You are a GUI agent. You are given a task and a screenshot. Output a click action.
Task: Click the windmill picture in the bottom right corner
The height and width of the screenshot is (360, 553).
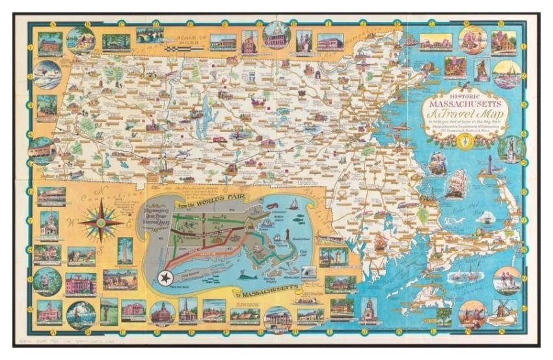(504, 312)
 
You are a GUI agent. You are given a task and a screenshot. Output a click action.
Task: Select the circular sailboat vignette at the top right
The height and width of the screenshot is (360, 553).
(506, 73)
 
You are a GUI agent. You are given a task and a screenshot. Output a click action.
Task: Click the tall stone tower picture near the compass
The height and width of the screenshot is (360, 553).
(124, 250)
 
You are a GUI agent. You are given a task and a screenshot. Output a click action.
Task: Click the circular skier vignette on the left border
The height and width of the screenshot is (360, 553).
(47, 74)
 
